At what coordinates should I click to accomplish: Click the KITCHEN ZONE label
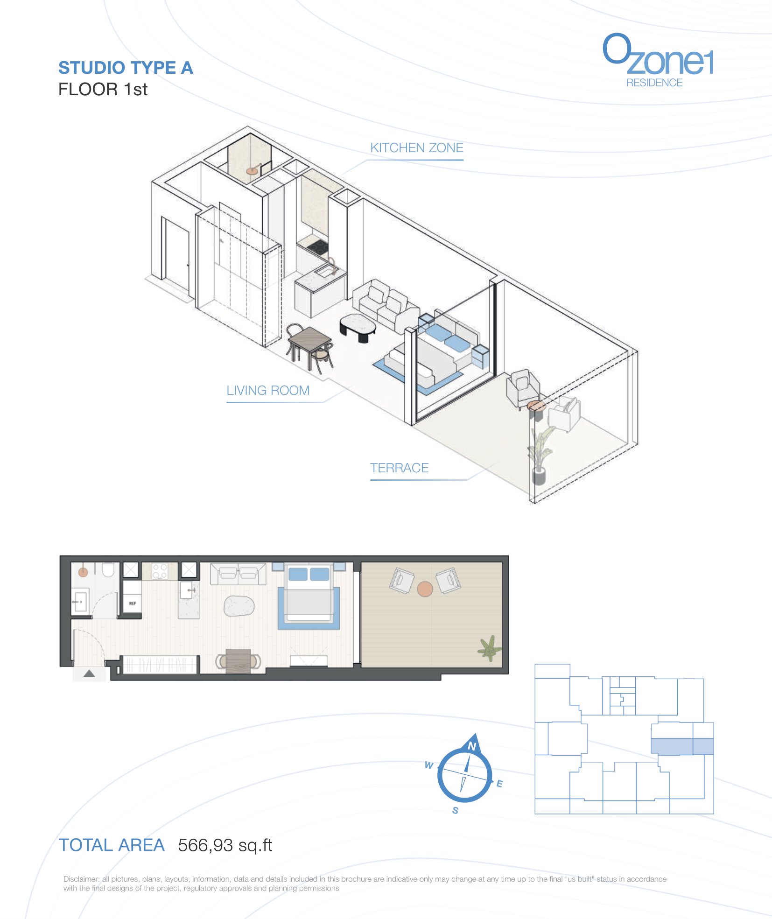click(x=416, y=148)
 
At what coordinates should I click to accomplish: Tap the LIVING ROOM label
click(x=268, y=391)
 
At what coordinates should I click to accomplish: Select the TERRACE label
click(x=399, y=468)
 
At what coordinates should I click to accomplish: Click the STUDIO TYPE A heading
click(x=126, y=68)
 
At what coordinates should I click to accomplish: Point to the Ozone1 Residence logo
click(x=658, y=60)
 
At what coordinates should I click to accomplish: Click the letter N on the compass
click(x=472, y=746)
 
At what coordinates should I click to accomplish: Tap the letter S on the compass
click(x=455, y=810)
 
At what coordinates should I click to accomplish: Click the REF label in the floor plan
click(x=133, y=603)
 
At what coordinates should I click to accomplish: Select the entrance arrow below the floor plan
click(x=89, y=673)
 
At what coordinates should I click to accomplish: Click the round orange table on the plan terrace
click(x=425, y=589)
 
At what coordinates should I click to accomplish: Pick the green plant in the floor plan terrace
click(x=489, y=648)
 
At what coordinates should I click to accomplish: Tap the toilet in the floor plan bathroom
click(x=108, y=570)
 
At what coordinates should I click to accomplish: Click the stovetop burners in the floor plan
click(x=160, y=571)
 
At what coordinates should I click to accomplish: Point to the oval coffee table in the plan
click(x=239, y=606)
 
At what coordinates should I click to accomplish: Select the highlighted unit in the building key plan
click(x=682, y=746)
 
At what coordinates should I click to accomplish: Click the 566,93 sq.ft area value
click(x=225, y=845)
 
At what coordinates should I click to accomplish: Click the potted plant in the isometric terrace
click(x=540, y=455)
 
